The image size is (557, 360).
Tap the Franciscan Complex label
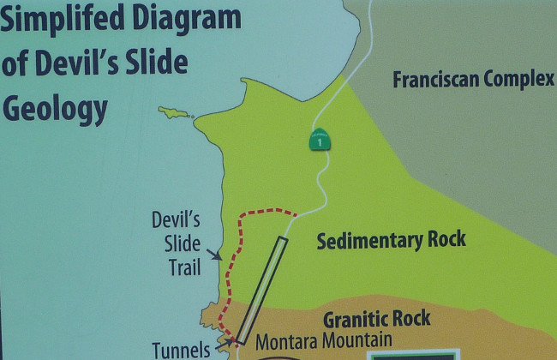click(x=473, y=81)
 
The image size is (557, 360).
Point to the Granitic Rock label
click(x=376, y=320)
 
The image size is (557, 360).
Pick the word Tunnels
click(x=181, y=350)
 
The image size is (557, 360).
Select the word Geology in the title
click(x=57, y=108)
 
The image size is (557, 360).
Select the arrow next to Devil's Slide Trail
click(x=218, y=255)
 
